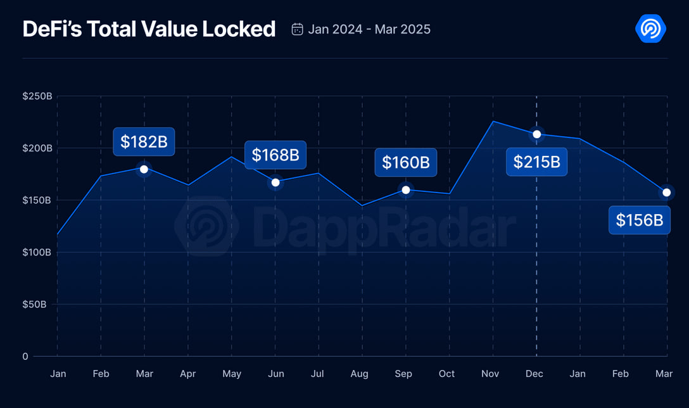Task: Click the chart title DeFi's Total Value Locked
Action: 149,29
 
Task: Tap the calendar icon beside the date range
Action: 297,29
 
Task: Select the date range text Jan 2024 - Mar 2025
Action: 369,29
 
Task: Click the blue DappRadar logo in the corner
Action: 650,29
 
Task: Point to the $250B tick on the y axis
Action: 37,96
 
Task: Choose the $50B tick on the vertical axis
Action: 35,304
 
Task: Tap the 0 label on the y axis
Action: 25,356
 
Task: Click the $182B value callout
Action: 144,142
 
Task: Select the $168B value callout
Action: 275,155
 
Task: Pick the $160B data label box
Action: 406,162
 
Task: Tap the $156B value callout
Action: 640,220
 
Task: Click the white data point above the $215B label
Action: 537,134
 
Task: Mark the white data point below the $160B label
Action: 406,190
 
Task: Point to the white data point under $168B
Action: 275,182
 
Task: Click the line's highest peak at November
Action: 493,121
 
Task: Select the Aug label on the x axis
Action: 360,374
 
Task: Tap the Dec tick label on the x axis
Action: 534,374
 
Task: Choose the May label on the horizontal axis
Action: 232,374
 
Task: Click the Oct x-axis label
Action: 446,374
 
